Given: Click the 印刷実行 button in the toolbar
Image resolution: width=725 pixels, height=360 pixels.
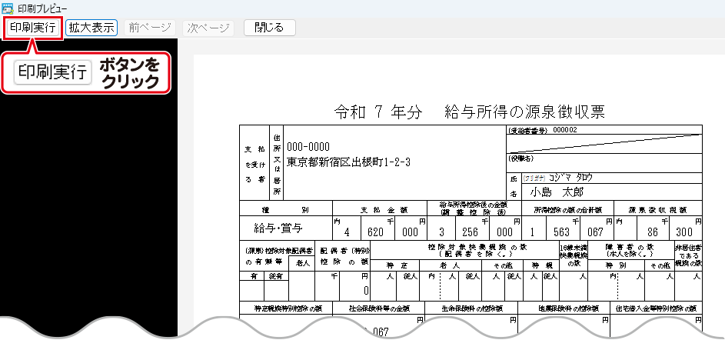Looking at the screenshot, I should point(33,28).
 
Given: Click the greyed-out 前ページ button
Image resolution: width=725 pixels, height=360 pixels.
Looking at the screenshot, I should point(150,28).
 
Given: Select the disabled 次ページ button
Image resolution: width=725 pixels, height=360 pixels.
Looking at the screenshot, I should point(208,28).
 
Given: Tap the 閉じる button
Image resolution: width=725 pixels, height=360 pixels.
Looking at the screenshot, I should point(269,28).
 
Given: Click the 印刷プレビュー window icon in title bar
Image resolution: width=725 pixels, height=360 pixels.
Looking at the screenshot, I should point(8,7).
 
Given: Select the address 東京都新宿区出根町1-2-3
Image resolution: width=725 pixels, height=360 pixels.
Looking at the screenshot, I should point(348,162).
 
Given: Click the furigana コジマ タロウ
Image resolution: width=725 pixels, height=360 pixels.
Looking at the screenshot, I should point(570,177).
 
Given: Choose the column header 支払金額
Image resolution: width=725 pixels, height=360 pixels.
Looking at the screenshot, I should point(383,208).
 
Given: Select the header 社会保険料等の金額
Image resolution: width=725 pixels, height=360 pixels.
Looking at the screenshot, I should point(378,308).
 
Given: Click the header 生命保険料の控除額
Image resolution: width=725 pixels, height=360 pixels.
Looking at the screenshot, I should point(471,308).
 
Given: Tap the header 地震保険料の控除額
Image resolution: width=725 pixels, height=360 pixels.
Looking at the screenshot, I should point(563,308).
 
